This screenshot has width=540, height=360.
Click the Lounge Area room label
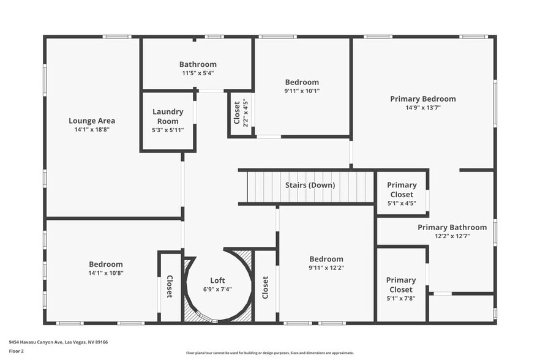coord(92,121)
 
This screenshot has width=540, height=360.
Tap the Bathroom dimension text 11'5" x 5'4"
coord(197,73)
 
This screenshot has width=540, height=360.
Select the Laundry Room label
coord(168,116)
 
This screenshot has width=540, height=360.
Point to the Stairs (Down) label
coord(310,185)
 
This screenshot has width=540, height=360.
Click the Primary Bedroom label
coord(423,99)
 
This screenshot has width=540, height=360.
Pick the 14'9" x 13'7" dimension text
coord(423,107)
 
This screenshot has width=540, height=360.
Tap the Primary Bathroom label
coord(452,227)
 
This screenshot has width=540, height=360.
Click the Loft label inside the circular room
coord(218,280)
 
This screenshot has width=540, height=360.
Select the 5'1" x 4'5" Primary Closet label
coord(402,190)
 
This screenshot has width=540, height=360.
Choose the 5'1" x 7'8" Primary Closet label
coord(402,285)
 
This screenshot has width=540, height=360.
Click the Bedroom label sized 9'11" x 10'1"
coord(302,82)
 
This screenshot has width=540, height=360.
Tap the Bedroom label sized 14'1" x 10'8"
coord(106,264)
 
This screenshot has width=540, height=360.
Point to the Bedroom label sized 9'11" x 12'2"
coord(326,259)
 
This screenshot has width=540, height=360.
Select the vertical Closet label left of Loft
coord(170,287)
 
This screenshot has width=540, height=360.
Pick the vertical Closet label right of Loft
coord(265,288)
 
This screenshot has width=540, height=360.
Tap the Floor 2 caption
coord(17,351)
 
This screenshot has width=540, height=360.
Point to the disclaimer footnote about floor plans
coord(270,353)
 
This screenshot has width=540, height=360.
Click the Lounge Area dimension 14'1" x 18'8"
coord(92,129)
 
